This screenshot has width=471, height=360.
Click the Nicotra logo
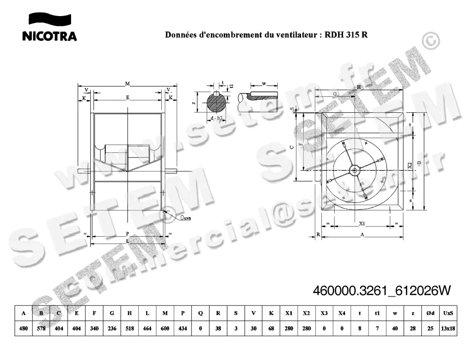tap(49, 27)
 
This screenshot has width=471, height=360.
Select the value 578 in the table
tap(41, 329)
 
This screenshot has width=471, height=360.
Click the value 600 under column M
tap(165, 329)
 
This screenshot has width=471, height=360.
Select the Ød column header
tap(430, 313)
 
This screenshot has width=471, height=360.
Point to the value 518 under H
tap(130, 329)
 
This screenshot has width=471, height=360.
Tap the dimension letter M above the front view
tap(127, 84)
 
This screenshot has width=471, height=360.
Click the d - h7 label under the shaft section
tap(216, 118)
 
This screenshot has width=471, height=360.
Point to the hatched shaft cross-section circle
tap(217, 103)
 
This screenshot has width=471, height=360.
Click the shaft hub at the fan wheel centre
tap(355, 170)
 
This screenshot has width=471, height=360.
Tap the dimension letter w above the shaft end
tap(264, 84)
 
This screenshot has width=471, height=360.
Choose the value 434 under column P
tap(183, 329)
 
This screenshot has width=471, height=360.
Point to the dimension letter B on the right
tap(419, 162)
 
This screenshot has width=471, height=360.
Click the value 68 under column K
tap(271, 329)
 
